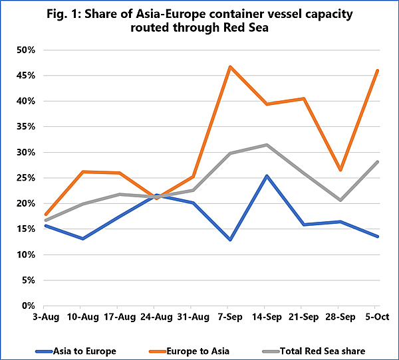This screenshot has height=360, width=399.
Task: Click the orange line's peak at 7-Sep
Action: click(x=230, y=67)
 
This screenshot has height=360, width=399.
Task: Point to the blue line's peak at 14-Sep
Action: click(x=267, y=175)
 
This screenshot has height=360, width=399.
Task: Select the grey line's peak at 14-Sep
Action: click(x=267, y=145)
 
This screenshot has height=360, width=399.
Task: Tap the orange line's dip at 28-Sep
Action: click(x=340, y=170)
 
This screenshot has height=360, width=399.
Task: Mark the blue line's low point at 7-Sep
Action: click(x=230, y=240)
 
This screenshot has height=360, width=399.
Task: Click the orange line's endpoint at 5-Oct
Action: click(x=378, y=70)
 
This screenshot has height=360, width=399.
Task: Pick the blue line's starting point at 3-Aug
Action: click(x=46, y=226)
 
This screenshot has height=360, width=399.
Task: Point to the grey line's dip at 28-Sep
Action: click(x=340, y=200)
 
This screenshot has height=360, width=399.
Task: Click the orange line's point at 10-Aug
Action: click(x=82, y=172)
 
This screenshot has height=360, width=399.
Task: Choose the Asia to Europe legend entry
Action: click(x=76, y=351)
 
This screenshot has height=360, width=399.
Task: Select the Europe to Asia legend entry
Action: click(x=189, y=351)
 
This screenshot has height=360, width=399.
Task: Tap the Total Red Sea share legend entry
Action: click(x=314, y=351)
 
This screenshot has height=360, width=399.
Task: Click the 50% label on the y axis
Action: click(x=26, y=50)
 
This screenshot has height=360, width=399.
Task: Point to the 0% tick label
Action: click(x=28, y=306)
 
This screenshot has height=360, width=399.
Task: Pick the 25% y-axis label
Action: click(x=26, y=178)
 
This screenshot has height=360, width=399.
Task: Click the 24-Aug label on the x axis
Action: click(x=156, y=317)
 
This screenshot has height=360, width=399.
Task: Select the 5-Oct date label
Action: click(x=377, y=317)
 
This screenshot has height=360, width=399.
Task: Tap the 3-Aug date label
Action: click(x=46, y=317)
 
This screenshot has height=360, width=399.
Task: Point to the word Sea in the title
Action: click(x=258, y=27)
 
